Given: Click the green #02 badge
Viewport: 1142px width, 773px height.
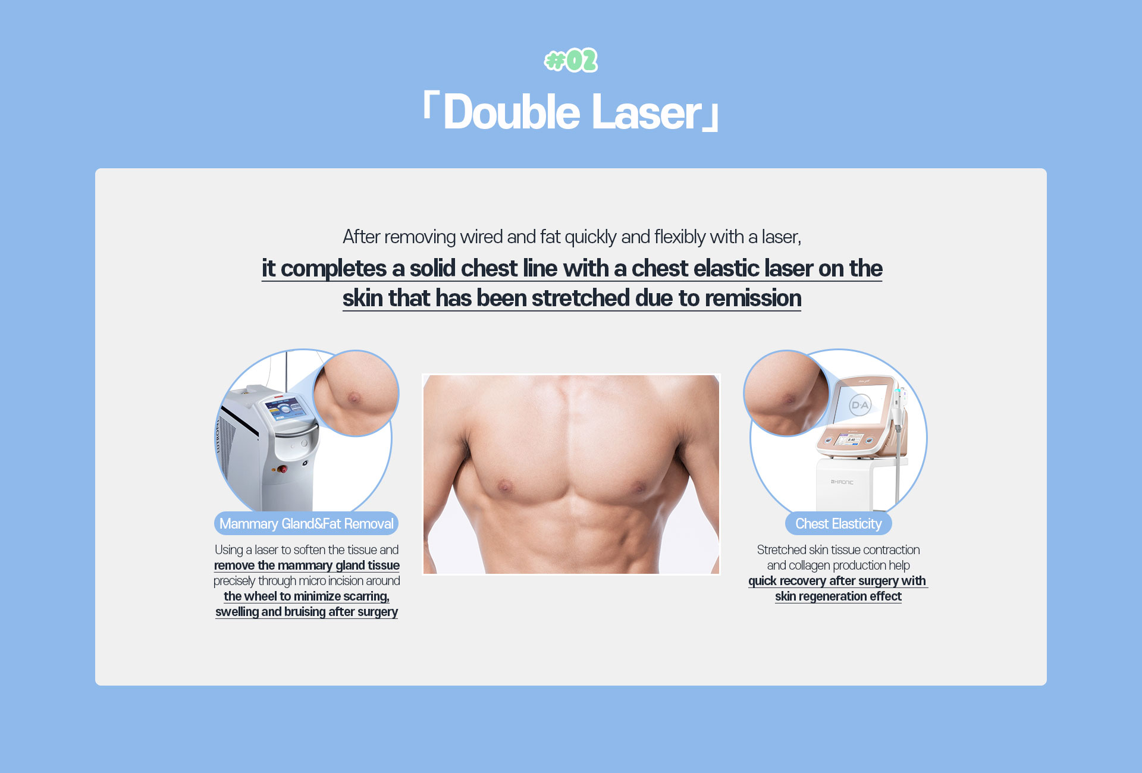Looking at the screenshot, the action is [x=571, y=60].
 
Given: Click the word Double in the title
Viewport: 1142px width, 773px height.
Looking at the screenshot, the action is [x=512, y=112].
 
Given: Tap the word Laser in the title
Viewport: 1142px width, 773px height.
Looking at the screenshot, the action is [x=647, y=112].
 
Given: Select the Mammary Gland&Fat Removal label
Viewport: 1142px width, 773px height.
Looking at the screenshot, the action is [x=306, y=523].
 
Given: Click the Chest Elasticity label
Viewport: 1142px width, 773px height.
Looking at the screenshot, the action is [x=839, y=523].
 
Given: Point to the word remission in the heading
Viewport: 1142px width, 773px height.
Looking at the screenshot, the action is [x=753, y=298].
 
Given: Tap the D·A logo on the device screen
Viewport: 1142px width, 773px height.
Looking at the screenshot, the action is [x=860, y=406].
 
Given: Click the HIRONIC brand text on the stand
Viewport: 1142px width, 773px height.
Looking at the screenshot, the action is [x=842, y=482].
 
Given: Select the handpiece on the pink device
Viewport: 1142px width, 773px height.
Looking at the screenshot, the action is [x=899, y=416].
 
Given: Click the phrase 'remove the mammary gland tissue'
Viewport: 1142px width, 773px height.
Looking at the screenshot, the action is [x=307, y=565].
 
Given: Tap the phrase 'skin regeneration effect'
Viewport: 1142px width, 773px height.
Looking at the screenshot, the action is [x=838, y=596].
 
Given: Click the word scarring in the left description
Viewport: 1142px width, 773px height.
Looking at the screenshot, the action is [x=366, y=596].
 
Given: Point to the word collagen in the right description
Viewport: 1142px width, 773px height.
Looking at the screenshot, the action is [x=813, y=565].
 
